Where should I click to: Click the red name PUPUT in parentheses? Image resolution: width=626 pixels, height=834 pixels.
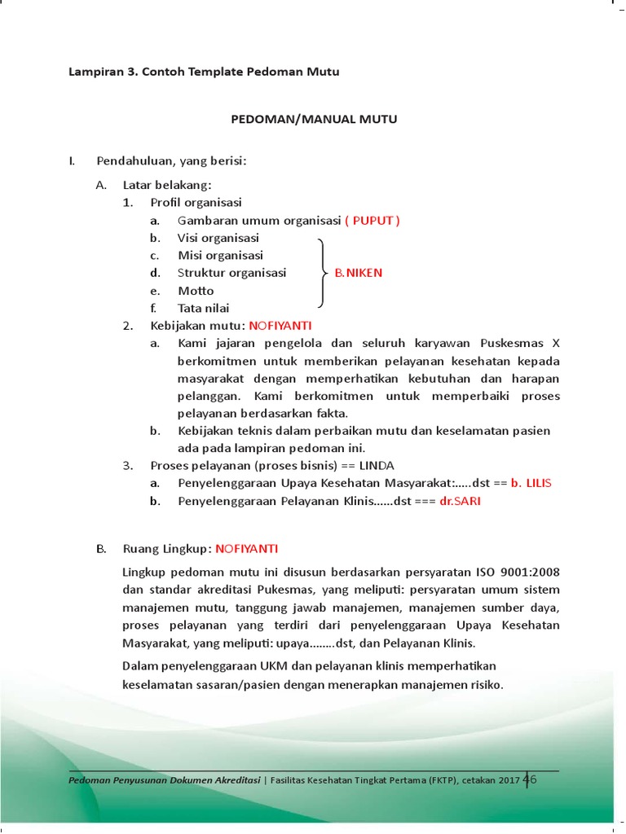pyautogui.click(x=374, y=221)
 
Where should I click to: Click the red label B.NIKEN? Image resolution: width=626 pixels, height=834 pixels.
pyautogui.click(x=358, y=273)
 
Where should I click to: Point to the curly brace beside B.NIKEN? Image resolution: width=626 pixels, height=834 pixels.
pyautogui.click(x=322, y=273)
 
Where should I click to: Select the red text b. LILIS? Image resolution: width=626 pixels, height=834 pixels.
pyautogui.click(x=531, y=483)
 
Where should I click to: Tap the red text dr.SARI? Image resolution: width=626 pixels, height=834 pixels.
pyautogui.click(x=461, y=501)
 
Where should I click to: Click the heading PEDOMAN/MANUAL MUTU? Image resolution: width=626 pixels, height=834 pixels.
pyautogui.click(x=314, y=120)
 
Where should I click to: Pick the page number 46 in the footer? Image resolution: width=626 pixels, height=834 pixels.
pyautogui.click(x=530, y=779)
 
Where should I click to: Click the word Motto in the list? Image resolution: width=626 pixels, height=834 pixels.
pyautogui.click(x=196, y=291)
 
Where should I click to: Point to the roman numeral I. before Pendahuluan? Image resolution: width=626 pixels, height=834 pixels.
pyautogui.click(x=72, y=160)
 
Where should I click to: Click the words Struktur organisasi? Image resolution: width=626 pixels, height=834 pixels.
pyautogui.click(x=232, y=273)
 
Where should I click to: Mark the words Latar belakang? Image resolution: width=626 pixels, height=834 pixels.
pyautogui.click(x=167, y=185)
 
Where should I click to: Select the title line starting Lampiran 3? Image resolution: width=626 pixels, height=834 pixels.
pyautogui.click(x=204, y=72)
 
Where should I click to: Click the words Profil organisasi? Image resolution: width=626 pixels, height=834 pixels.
pyautogui.click(x=196, y=203)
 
